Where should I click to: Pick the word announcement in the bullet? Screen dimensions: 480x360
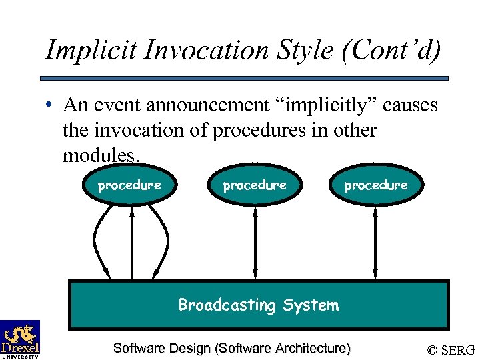(x=218, y=105)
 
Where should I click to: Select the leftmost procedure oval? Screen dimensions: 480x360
(x=129, y=185)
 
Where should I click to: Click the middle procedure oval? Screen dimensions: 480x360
(x=255, y=185)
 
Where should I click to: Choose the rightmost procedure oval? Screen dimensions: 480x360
(x=375, y=185)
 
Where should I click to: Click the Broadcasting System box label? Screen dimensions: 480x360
(x=258, y=305)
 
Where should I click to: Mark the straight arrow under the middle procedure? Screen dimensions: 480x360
(x=255, y=243)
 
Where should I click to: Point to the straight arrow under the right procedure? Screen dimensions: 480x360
(x=375, y=243)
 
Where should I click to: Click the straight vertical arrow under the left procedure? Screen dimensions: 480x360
(x=132, y=243)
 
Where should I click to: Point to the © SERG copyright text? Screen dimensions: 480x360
(x=451, y=350)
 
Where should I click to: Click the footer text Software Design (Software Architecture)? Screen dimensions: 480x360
(x=231, y=348)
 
